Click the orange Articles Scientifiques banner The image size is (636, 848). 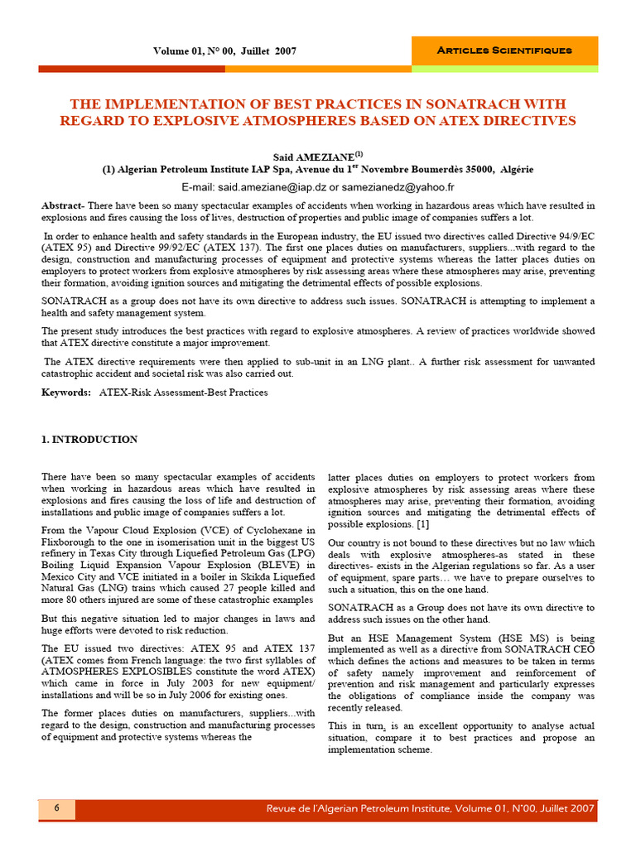click(x=503, y=51)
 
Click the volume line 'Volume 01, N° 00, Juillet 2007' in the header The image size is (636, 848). click(x=224, y=51)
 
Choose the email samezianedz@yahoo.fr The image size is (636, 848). click(x=402, y=188)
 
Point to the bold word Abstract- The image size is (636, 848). click(x=64, y=205)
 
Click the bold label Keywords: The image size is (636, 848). click(x=66, y=392)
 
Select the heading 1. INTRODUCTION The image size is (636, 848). click(x=89, y=440)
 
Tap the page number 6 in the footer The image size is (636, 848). click(x=57, y=808)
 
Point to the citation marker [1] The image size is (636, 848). click(x=422, y=524)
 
